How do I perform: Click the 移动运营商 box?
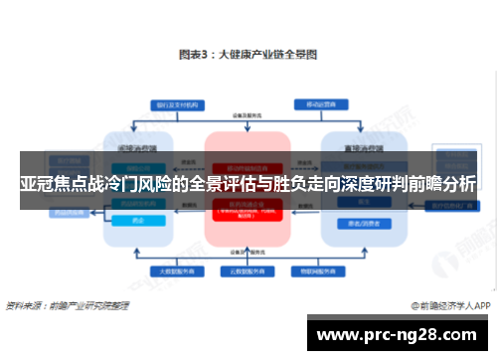point(323,103)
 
